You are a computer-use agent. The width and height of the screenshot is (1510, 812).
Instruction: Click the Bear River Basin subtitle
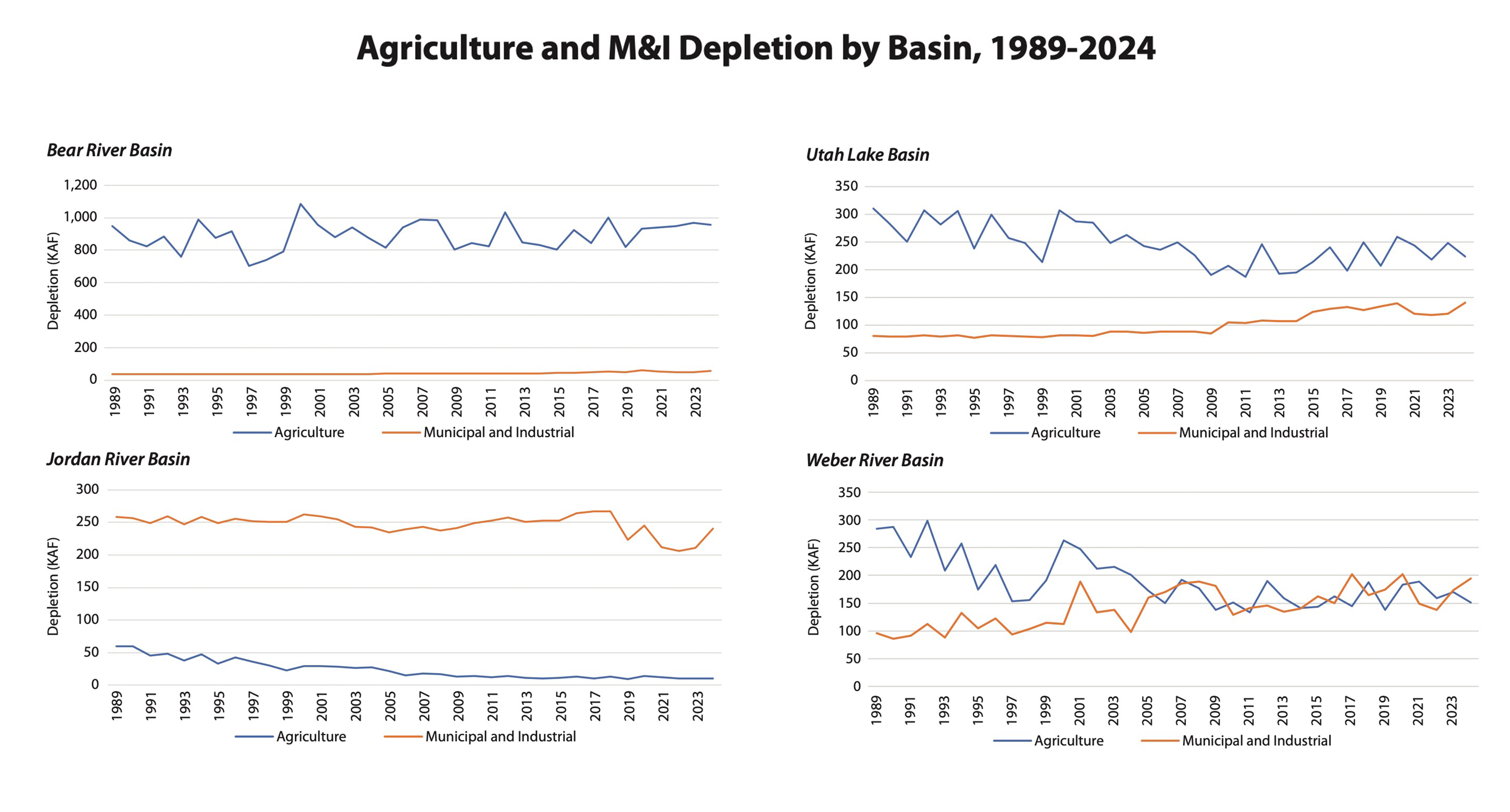click(x=109, y=151)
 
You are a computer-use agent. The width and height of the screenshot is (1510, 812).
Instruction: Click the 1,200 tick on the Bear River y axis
click(x=80, y=185)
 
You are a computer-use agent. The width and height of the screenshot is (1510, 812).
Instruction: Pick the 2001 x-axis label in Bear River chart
click(x=320, y=402)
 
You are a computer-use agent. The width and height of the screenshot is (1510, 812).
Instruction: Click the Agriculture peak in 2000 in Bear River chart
click(x=301, y=204)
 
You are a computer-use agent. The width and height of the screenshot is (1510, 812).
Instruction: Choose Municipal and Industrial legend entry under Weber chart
click(x=1256, y=741)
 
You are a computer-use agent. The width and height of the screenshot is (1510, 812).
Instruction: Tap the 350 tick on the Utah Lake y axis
click(x=846, y=187)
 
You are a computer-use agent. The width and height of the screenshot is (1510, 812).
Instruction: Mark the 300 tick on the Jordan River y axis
click(x=87, y=489)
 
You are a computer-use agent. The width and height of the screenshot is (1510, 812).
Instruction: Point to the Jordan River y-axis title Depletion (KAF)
click(x=54, y=586)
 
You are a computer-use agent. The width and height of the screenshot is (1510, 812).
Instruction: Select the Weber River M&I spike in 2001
click(x=1080, y=582)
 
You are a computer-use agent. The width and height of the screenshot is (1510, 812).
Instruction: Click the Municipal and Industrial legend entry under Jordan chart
click(x=500, y=736)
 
